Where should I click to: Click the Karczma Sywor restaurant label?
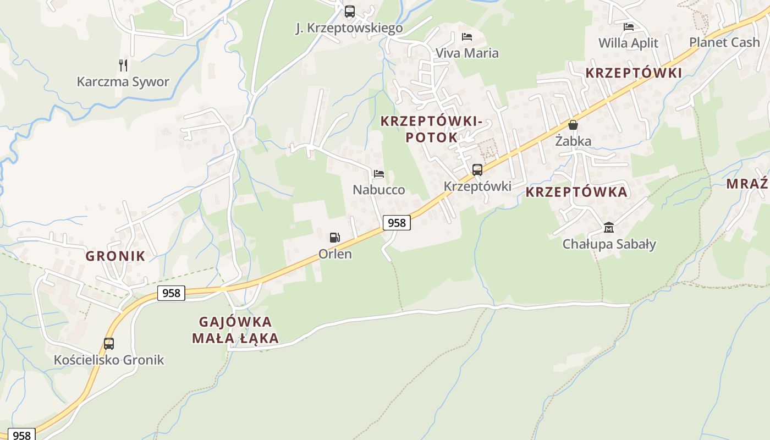click(x=123, y=82)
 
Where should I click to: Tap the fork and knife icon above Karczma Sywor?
click(x=123, y=65)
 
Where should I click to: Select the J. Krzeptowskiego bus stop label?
click(x=349, y=28)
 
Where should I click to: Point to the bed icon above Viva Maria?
click(x=467, y=37)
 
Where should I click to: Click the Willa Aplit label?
click(x=628, y=43)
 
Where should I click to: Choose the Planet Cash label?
click(x=724, y=42)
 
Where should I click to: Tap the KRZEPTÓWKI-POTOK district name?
click(x=431, y=129)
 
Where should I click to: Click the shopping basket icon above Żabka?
click(x=573, y=125)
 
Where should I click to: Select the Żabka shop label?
click(x=573, y=141)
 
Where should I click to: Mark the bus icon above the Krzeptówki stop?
click(x=477, y=170)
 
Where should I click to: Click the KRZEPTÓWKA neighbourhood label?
click(x=576, y=192)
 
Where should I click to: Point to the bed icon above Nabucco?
click(x=379, y=174)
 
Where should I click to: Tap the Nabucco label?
click(x=379, y=190)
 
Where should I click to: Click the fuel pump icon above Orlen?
click(x=334, y=238)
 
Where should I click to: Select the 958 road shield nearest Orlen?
click(x=397, y=223)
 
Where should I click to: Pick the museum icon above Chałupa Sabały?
click(x=609, y=227)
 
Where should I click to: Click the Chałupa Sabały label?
click(x=609, y=244)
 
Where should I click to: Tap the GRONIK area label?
click(x=116, y=256)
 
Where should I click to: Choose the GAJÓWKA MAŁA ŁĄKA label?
click(x=235, y=329)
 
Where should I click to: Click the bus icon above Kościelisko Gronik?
click(x=109, y=344)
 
